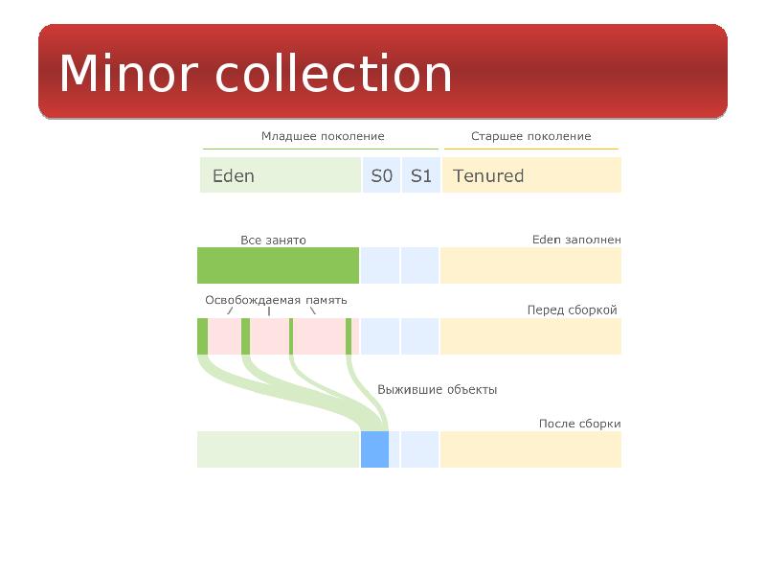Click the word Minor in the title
pyautogui.click(x=128, y=73)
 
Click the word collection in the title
pyautogui.click(x=333, y=73)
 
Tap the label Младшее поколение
pyautogui.click(x=323, y=136)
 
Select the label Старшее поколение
pyautogui.click(x=531, y=136)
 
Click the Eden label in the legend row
pyautogui.click(x=234, y=175)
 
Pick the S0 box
pyautogui.click(x=381, y=175)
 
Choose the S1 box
pyautogui.click(x=421, y=175)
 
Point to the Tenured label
pyautogui.click(x=488, y=175)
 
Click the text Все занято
pyautogui.click(x=273, y=241)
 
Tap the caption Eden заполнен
pyautogui.click(x=576, y=240)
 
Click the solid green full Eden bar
pyautogui.click(x=278, y=265)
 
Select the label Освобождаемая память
pyautogui.click(x=276, y=300)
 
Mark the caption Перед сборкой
pyautogui.click(x=572, y=310)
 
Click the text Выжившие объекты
pyautogui.click(x=438, y=390)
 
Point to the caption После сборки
pyautogui.click(x=579, y=424)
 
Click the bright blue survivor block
pyautogui.click(x=374, y=449)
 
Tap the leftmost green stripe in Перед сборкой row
pyautogui.click(x=203, y=336)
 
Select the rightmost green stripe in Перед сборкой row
pyautogui.click(x=349, y=336)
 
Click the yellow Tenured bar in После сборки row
pyautogui.click(x=530, y=449)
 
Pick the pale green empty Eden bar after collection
pyautogui.click(x=278, y=449)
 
